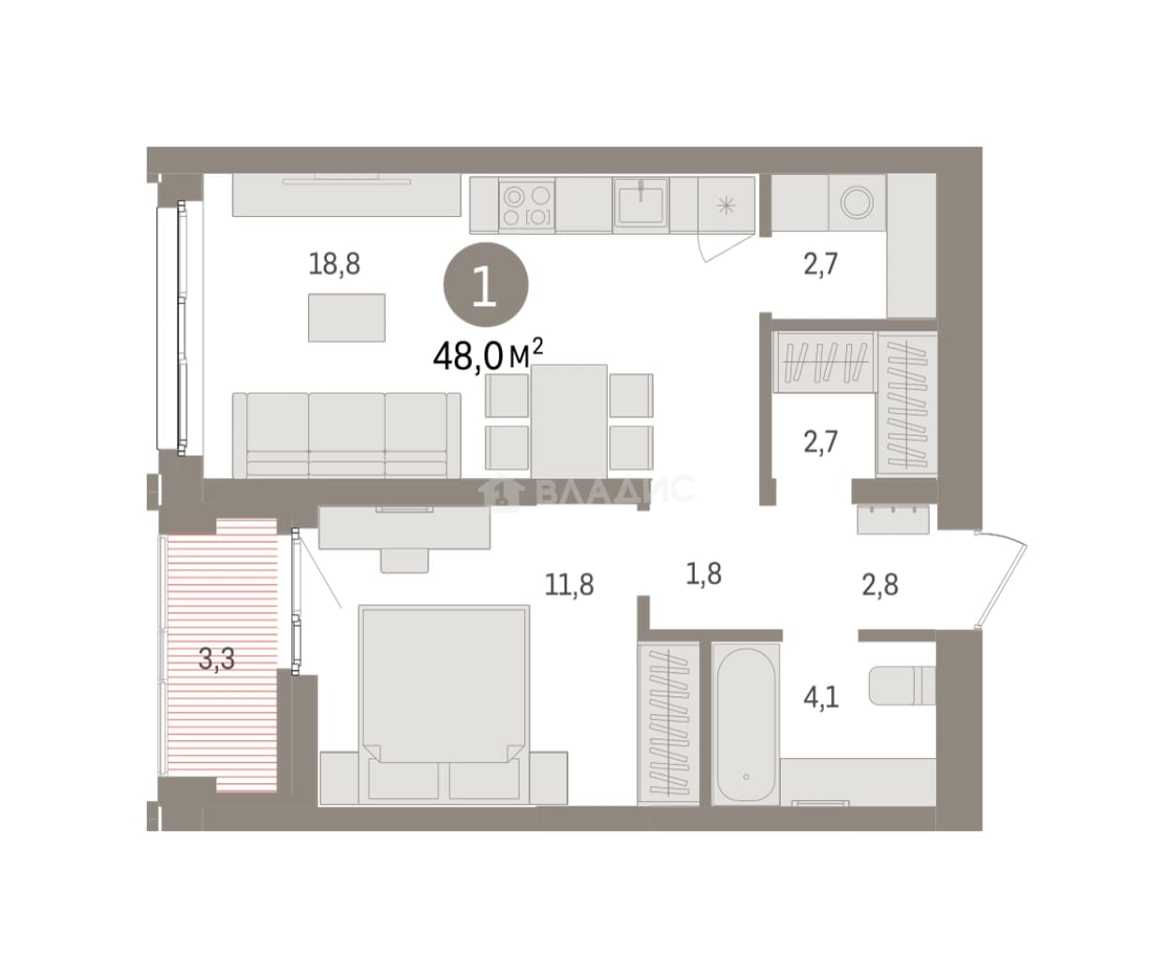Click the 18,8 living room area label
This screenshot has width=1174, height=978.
click(334, 264)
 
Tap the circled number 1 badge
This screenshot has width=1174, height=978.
click(486, 285)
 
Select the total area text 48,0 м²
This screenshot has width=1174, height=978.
click(488, 356)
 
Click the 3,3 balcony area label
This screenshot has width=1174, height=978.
click(216, 659)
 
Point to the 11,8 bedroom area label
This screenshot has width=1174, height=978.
click(569, 585)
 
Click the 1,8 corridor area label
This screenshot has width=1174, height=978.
click(703, 574)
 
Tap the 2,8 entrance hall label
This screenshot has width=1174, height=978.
click(880, 585)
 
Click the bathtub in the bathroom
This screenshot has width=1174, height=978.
click(745, 724)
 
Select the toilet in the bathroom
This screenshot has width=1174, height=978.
click(902, 685)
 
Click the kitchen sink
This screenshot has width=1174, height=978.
click(640, 203)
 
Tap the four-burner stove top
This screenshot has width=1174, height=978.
click(527, 206)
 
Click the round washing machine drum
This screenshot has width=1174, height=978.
click(857, 202)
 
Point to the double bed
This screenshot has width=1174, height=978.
click(444, 705)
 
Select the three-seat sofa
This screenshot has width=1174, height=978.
click(346, 435)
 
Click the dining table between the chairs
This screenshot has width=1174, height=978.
click(569, 421)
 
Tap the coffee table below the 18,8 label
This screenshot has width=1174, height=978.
click(346, 317)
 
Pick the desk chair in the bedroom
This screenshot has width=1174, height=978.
click(404, 561)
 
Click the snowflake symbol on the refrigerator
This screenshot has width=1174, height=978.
click(726, 206)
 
